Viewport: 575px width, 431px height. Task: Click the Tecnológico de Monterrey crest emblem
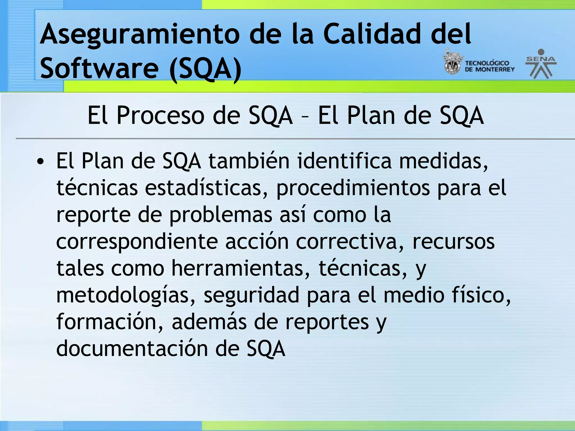[452, 63]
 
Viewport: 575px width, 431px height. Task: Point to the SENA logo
[541, 64]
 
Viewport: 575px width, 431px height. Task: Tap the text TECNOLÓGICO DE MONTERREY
[490, 66]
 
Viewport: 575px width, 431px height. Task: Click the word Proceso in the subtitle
[160, 115]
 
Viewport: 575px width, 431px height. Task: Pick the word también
[249, 161]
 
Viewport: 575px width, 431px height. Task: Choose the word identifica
[344, 161]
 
